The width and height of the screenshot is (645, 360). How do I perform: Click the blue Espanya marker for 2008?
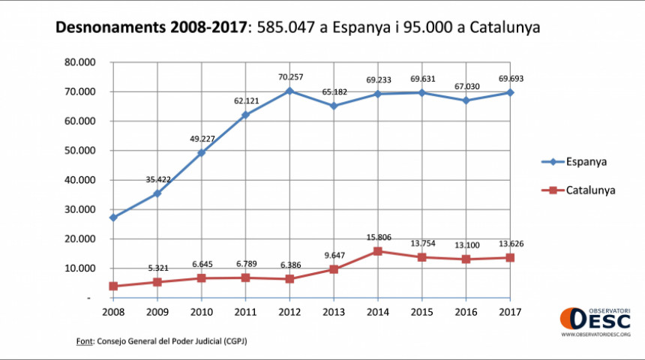tap(113, 217)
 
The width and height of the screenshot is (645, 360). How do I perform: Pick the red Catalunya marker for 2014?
tap(377, 251)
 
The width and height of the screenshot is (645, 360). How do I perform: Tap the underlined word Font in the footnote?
tap(84, 341)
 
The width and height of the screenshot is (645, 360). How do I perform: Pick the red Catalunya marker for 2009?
tap(157, 282)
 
